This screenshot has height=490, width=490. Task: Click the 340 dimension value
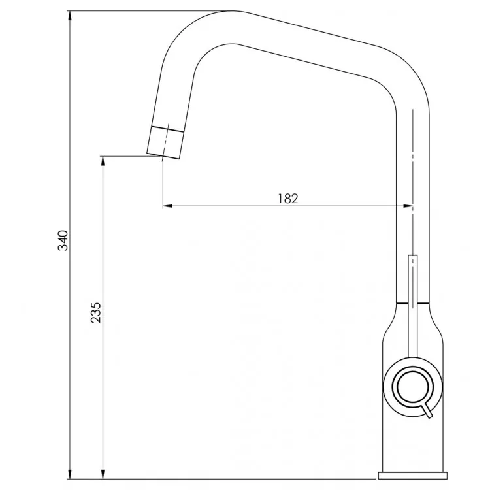click(63, 240)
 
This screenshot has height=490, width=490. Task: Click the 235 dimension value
click(96, 312)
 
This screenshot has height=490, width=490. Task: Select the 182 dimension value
click(288, 199)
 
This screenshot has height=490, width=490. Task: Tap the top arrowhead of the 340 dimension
click(70, 16)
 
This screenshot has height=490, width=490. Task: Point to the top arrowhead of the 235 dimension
click(103, 161)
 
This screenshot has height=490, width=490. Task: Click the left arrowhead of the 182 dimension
click(168, 206)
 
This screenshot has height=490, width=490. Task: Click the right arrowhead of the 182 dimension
click(408, 206)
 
